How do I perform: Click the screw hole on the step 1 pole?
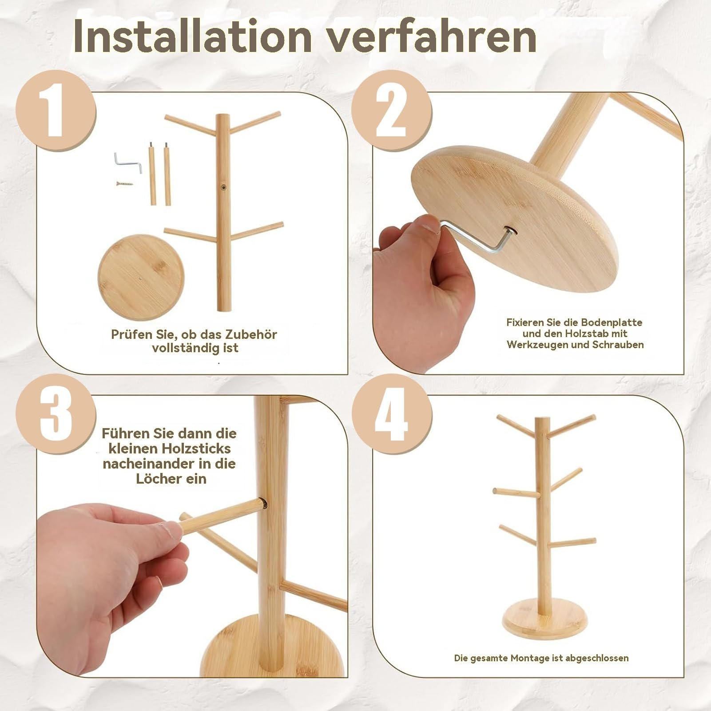(222, 188)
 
